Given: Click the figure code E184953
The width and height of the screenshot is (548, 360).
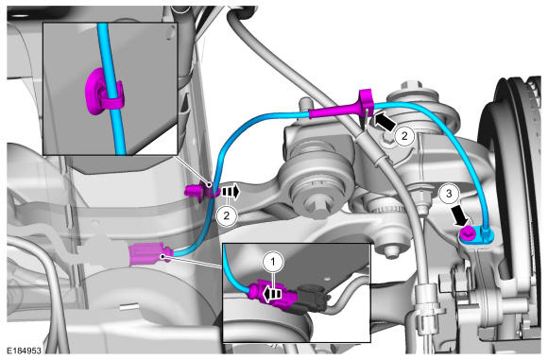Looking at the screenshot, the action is [x=25, y=351].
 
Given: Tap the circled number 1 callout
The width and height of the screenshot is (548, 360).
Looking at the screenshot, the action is [x=273, y=262].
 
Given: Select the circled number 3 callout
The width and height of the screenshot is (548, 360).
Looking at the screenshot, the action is [x=449, y=194].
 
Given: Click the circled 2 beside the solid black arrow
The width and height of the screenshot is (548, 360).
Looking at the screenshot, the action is [x=404, y=136].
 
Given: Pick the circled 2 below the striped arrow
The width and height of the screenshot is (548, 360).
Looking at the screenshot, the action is [x=227, y=215].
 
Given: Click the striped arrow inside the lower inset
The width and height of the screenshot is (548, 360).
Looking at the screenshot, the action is [x=272, y=294].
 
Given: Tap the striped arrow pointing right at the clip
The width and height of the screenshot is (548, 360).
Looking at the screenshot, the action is [x=230, y=192].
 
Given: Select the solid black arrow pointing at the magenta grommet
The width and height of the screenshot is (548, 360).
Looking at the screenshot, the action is [x=385, y=121].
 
